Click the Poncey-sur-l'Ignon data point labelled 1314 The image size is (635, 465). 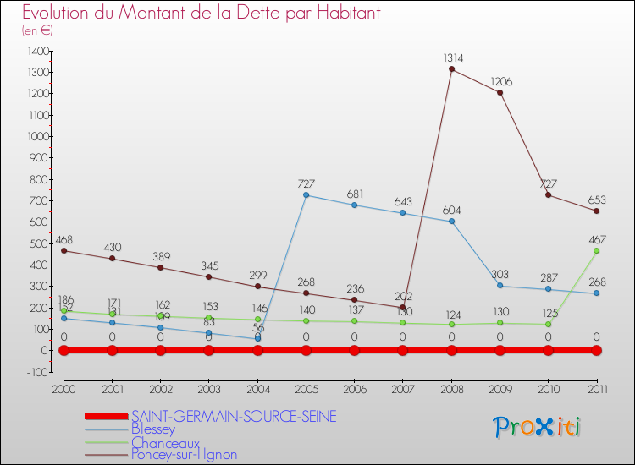pyautogui.click(x=451, y=69)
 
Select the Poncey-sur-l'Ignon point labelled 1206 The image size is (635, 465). pyautogui.click(x=500, y=92)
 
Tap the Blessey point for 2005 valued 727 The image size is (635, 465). pyautogui.click(x=306, y=195)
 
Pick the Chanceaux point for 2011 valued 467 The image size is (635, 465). pyautogui.click(x=596, y=250)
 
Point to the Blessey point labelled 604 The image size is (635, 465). pyautogui.click(x=451, y=222)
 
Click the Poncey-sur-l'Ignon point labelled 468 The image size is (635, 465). pyautogui.click(x=63, y=250)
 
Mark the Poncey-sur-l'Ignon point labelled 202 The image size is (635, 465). pyautogui.click(x=403, y=307)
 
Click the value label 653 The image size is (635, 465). pyautogui.click(x=596, y=200)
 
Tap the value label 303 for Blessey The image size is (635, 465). pyautogui.click(x=500, y=275)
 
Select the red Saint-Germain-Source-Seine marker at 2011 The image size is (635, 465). pyautogui.click(x=596, y=350)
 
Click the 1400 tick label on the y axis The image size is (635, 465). pyautogui.click(x=37, y=52)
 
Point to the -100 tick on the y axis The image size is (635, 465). pyautogui.click(x=37, y=372)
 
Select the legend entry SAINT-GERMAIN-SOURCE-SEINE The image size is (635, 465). pyautogui.click(x=234, y=417)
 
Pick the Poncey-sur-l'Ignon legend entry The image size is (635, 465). pyautogui.click(x=184, y=455)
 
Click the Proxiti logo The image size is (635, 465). pyautogui.click(x=538, y=427)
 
